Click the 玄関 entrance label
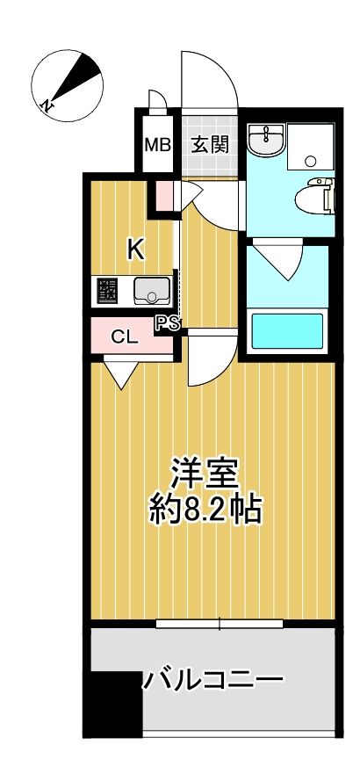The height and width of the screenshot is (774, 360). click(211, 143)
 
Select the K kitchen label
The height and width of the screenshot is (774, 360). click(135, 250)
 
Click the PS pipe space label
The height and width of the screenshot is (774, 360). click(168, 323)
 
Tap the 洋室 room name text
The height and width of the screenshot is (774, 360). click(206, 474)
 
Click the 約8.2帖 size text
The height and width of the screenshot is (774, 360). click(206, 510)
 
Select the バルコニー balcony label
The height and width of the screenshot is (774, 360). click(214, 679)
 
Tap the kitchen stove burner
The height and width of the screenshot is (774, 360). click(108, 289)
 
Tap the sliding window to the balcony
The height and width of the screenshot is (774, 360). click(220, 625)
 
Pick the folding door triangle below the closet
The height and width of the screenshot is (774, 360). click(120, 373)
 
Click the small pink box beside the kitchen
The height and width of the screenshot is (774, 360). click(164, 195)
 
